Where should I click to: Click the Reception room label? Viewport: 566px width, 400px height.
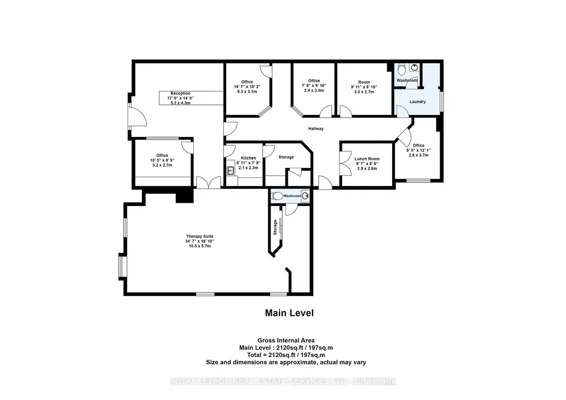(x=181, y=93)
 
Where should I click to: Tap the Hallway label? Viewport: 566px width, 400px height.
(x=316, y=129)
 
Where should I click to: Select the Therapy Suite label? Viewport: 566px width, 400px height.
(x=199, y=236)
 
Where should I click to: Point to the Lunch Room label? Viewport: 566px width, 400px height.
(x=367, y=159)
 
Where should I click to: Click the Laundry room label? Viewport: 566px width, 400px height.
(x=417, y=102)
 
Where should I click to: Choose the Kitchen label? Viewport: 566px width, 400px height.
(x=248, y=158)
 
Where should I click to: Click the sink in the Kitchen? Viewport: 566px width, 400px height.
(x=230, y=171)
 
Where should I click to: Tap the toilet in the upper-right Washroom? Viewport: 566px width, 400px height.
(x=402, y=69)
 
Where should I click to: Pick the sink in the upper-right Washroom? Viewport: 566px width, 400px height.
(x=415, y=67)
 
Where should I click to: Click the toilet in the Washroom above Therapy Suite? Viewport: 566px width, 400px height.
(x=277, y=196)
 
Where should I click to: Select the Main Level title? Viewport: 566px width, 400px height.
(x=289, y=313)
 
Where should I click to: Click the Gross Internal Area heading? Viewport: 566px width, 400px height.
(x=286, y=340)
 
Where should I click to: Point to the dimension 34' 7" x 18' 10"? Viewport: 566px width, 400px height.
(x=199, y=241)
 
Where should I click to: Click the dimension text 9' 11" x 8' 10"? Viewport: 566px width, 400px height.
(x=364, y=87)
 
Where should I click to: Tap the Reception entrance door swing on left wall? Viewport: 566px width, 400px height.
(x=138, y=116)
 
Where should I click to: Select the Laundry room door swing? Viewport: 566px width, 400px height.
(x=403, y=111)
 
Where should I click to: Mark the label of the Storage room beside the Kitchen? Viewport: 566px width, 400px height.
(x=286, y=157)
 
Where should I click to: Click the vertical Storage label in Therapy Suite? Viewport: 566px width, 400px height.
(x=275, y=228)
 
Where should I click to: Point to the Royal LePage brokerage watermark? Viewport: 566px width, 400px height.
(x=283, y=381)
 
